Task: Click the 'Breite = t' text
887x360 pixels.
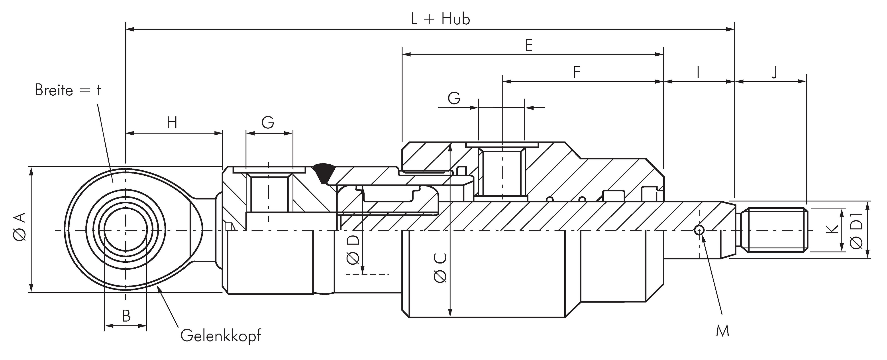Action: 68,90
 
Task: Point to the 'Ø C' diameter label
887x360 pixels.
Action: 441,268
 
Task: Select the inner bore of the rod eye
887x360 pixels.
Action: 126,230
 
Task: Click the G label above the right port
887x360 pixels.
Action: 454,98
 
